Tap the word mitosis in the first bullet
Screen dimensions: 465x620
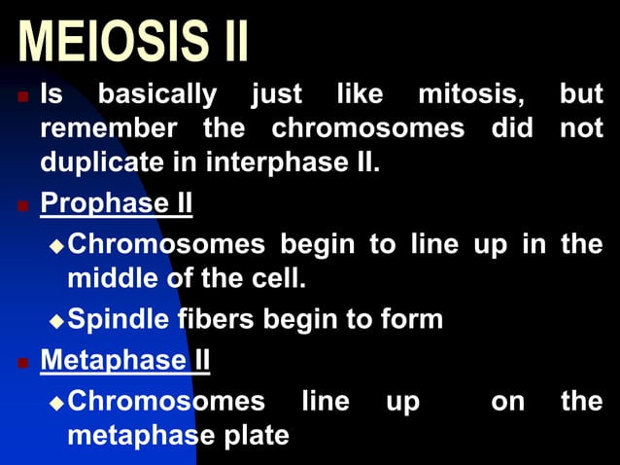[x=473, y=95]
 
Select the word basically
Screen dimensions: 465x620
[x=157, y=95]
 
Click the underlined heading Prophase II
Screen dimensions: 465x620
[x=116, y=204]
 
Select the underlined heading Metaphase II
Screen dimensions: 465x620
[x=124, y=361]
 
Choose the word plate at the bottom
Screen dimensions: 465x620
[x=256, y=435]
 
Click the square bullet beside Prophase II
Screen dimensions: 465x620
[x=21, y=206]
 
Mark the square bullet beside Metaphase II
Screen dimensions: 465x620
[x=21, y=363]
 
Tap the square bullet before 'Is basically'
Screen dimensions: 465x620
[x=21, y=97]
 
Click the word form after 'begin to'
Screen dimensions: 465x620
[x=412, y=319]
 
